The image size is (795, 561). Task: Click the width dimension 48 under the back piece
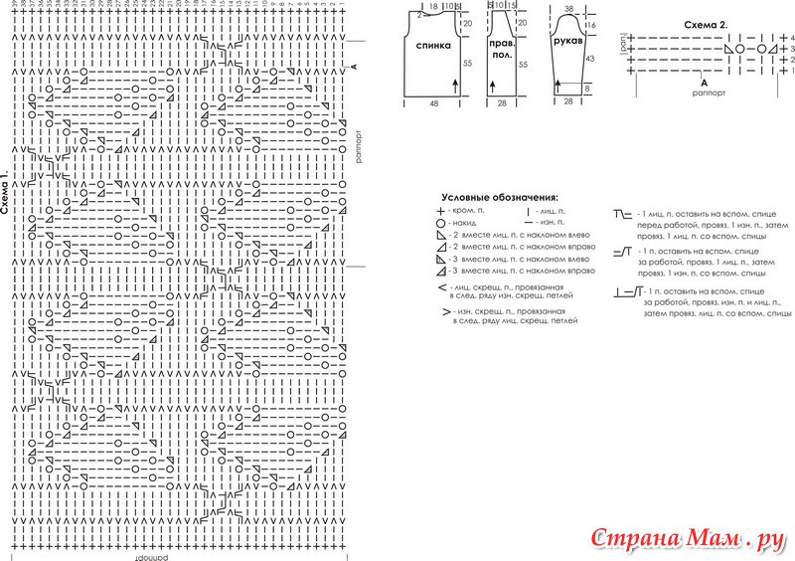point(434,102)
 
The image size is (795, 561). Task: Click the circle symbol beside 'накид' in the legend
point(440,226)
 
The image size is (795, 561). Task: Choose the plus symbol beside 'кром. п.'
point(440,213)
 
